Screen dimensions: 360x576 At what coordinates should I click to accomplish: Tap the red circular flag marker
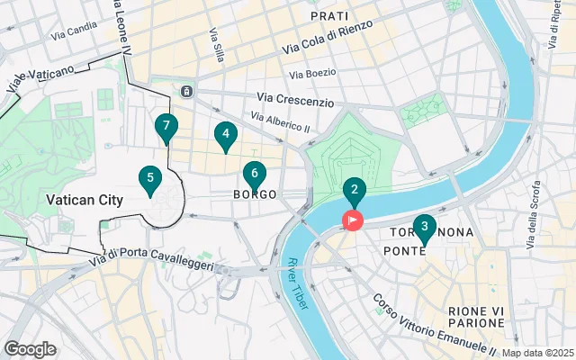(352, 220)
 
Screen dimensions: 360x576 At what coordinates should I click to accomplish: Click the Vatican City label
(83, 200)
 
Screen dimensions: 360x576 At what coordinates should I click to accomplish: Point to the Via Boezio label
(312, 73)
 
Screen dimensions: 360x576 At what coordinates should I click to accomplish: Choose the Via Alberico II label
(280, 122)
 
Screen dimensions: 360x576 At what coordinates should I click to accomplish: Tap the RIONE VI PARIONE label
(475, 316)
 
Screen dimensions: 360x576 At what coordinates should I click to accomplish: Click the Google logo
(30, 349)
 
